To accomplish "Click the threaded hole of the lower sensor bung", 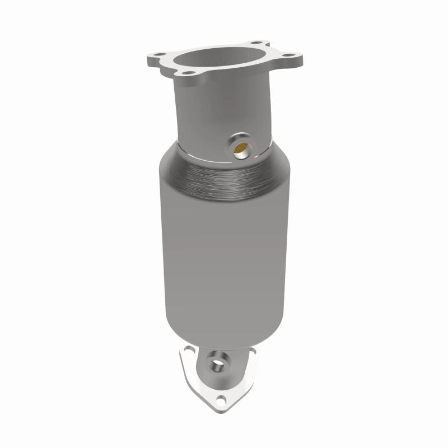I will click(x=216, y=365).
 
